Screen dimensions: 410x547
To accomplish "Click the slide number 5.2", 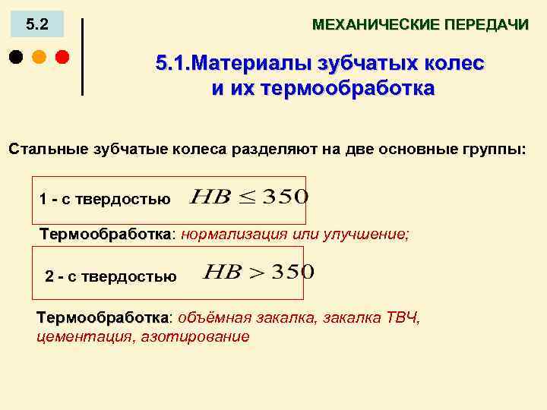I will pyautogui.click(x=36, y=24).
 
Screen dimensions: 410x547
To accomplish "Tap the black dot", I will pyautogui.click(x=16, y=56).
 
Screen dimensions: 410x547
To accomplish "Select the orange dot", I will pyautogui.click(x=39, y=56).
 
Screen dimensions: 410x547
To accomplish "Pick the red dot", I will pyautogui.click(x=62, y=56).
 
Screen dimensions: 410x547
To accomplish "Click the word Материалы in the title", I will pyautogui.click(x=242, y=63).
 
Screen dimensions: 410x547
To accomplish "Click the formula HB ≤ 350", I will pyautogui.click(x=248, y=197).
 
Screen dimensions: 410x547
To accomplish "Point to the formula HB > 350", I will pyautogui.click(x=258, y=272).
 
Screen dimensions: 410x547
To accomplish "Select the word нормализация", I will pyautogui.click(x=227, y=234).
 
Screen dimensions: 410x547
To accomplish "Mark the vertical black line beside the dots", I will pyautogui.click(x=81, y=56).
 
